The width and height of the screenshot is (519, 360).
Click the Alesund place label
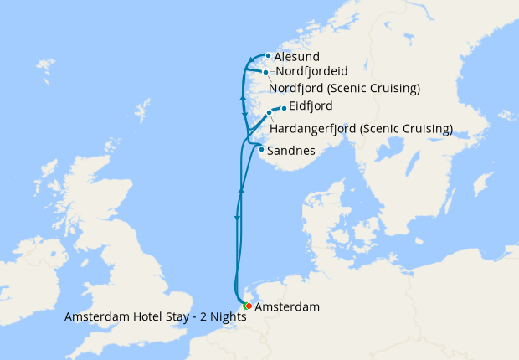tap(295, 57)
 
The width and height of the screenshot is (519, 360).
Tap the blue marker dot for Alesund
tap(268, 57)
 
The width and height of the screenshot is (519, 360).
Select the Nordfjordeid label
tap(311, 72)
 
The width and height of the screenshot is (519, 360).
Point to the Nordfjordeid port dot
tap(265, 73)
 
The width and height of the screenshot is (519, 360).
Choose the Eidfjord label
tap(311, 105)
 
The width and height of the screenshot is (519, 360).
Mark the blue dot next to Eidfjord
tap(285, 108)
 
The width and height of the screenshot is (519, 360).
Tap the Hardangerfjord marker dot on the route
tap(269, 112)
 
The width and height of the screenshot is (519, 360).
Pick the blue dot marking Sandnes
tap(262, 150)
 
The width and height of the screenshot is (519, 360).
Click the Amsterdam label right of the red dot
tap(287, 307)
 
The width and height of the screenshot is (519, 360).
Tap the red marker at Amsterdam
tap(249, 306)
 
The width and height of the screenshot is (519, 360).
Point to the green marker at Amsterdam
tap(244, 306)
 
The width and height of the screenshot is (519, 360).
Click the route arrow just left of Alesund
tap(251, 59)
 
